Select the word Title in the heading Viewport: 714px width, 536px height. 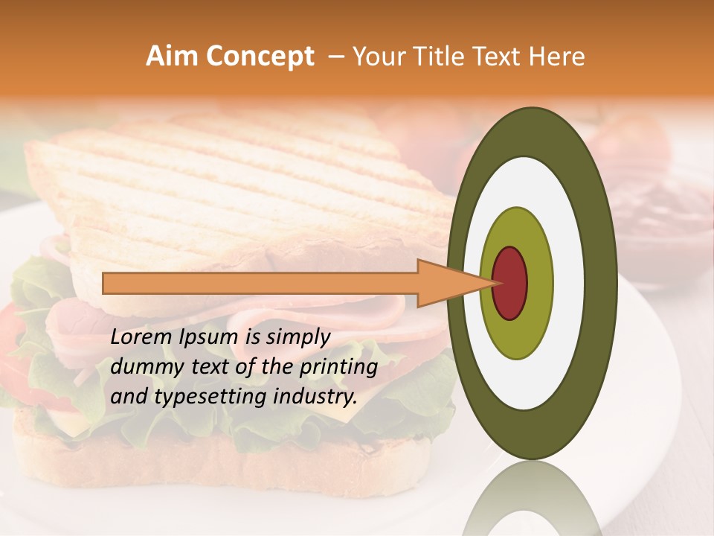point(442,57)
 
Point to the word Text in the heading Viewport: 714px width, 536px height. point(498,57)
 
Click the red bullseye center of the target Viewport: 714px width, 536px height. point(510,283)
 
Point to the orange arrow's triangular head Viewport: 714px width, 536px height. point(446,283)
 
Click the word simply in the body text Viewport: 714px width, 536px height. point(297,338)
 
